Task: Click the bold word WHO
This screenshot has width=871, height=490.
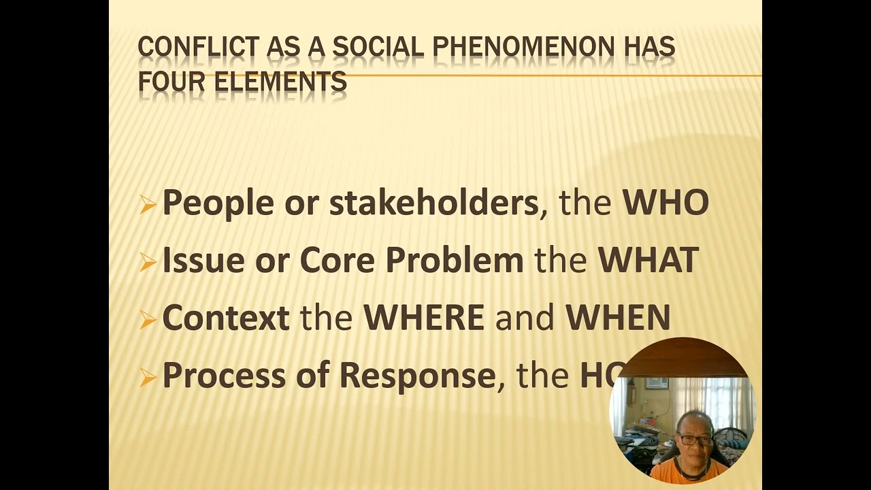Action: click(665, 202)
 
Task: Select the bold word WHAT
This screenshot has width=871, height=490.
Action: click(648, 260)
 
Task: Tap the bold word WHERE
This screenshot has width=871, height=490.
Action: click(424, 318)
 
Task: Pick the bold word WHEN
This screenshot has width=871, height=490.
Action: click(618, 318)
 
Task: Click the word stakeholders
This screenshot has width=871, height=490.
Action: click(434, 203)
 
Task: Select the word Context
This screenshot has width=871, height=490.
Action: click(226, 318)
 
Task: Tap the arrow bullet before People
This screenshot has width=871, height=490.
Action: click(148, 204)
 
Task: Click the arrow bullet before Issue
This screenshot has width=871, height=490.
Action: click(148, 262)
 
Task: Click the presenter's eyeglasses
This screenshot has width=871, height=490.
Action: click(693, 440)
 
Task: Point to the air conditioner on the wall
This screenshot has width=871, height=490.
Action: click(657, 383)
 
